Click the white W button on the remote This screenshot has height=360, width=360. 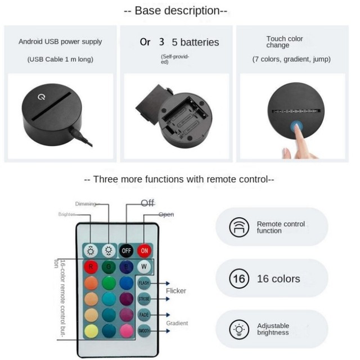145,265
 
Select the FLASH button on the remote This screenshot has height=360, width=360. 144,283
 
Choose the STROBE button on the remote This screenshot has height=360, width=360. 144,299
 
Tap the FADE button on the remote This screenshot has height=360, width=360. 144,315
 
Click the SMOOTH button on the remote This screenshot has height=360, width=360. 144,331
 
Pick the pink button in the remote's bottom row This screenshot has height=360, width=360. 126,330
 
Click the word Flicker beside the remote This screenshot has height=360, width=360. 176,291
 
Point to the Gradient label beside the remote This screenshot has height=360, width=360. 177,323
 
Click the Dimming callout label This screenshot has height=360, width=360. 85,204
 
